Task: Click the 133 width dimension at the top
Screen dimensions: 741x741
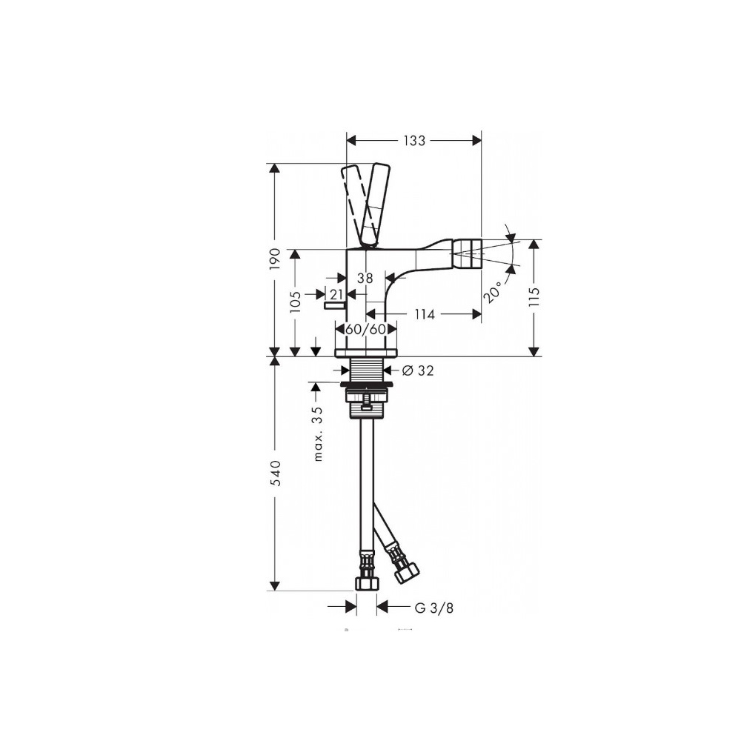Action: pyautogui.click(x=414, y=141)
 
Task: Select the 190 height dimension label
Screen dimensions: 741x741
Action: pyautogui.click(x=275, y=259)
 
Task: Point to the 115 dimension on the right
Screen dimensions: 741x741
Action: pyautogui.click(x=534, y=297)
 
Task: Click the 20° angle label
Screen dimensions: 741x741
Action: pyautogui.click(x=493, y=292)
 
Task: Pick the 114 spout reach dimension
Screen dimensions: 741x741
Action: pyautogui.click(x=425, y=314)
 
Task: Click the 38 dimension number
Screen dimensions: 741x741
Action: pyautogui.click(x=365, y=279)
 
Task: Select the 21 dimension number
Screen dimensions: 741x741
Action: pyautogui.click(x=336, y=294)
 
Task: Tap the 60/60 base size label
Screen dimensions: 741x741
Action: pyautogui.click(x=366, y=329)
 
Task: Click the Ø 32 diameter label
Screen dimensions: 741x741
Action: pyautogui.click(x=418, y=370)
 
